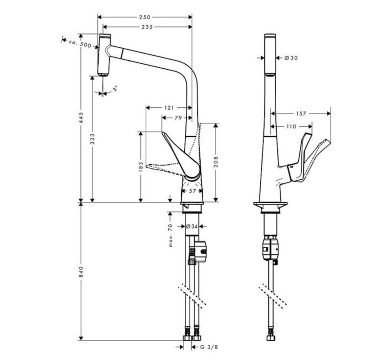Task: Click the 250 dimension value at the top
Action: point(145,17)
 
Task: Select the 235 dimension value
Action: point(145,27)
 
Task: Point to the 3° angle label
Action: point(115,89)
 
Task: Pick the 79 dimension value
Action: point(178,117)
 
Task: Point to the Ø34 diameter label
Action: point(192,226)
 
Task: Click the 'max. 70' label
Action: point(171,234)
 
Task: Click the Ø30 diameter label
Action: point(291,58)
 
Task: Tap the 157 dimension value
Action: point(301,113)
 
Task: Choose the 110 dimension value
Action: point(291,126)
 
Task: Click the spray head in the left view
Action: point(104,54)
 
